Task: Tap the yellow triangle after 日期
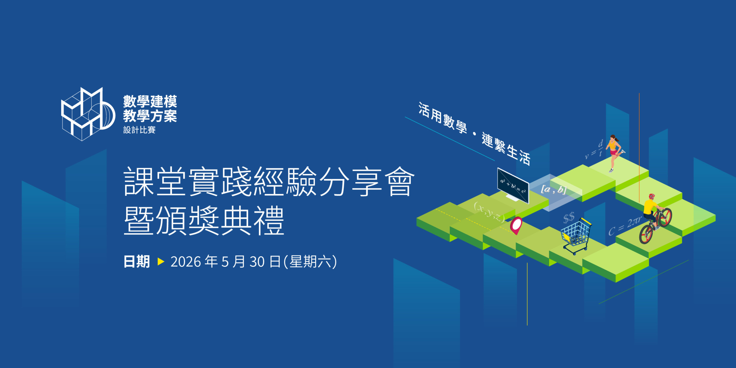pyautogui.click(x=161, y=262)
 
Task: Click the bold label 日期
pyautogui.click(x=137, y=262)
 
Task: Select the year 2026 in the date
pyautogui.click(x=185, y=262)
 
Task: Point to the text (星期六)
pyautogui.click(x=310, y=262)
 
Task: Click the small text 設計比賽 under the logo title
pyautogui.click(x=139, y=130)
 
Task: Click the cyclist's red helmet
pyautogui.click(x=651, y=197)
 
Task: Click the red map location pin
pyautogui.click(x=516, y=225)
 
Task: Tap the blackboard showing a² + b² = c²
pyautogui.click(x=513, y=186)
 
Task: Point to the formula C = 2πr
pyautogui.click(x=624, y=226)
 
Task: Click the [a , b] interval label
pyautogui.click(x=554, y=189)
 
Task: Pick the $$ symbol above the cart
pyautogui.click(x=569, y=218)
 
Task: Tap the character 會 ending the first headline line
pyautogui.click(x=400, y=182)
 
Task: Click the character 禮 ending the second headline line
pyautogui.click(x=270, y=221)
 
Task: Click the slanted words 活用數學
pyautogui.click(x=442, y=118)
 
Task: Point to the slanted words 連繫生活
pyautogui.click(x=506, y=149)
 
